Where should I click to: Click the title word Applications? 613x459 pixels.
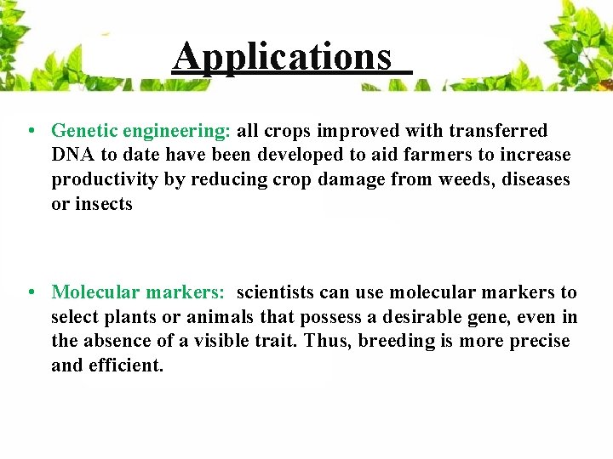(282, 56)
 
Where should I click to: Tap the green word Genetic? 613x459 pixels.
(83, 131)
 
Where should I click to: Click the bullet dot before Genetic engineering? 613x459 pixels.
(30, 131)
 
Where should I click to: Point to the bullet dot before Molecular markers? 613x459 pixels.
(30, 292)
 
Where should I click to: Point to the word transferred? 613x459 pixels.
(498, 131)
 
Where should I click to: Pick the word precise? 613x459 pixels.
(538, 342)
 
